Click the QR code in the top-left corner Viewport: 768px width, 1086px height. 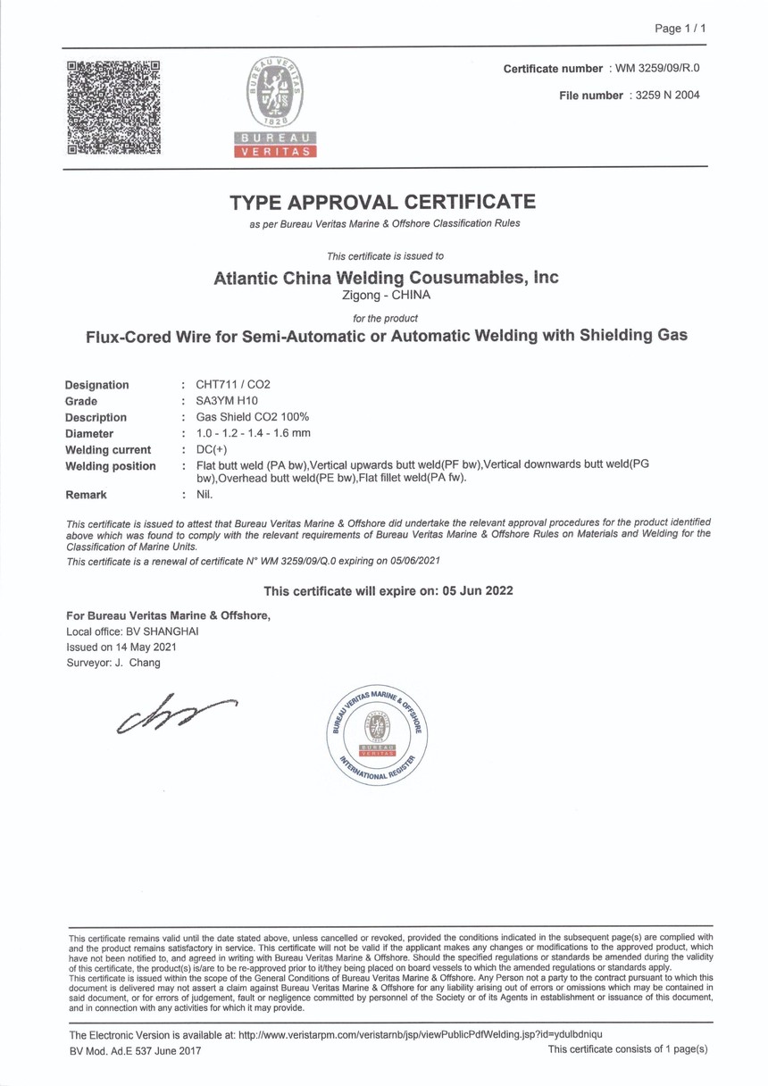(x=114, y=107)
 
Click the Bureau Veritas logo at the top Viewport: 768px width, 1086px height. (x=275, y=105)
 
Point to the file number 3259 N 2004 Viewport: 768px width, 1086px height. (x=664, y=96)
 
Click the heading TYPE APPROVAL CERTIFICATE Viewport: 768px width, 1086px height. (x=383, y=201)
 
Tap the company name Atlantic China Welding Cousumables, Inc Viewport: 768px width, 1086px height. (x=387, y=277)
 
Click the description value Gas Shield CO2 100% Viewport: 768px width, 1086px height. (x=246, y=417)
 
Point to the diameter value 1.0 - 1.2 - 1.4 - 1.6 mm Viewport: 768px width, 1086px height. (x=253, y=433)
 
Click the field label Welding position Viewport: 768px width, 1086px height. (x=111, y=466)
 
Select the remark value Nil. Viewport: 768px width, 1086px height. (x=205, y=494)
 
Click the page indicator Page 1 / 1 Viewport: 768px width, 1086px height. (x=680, y=29)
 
